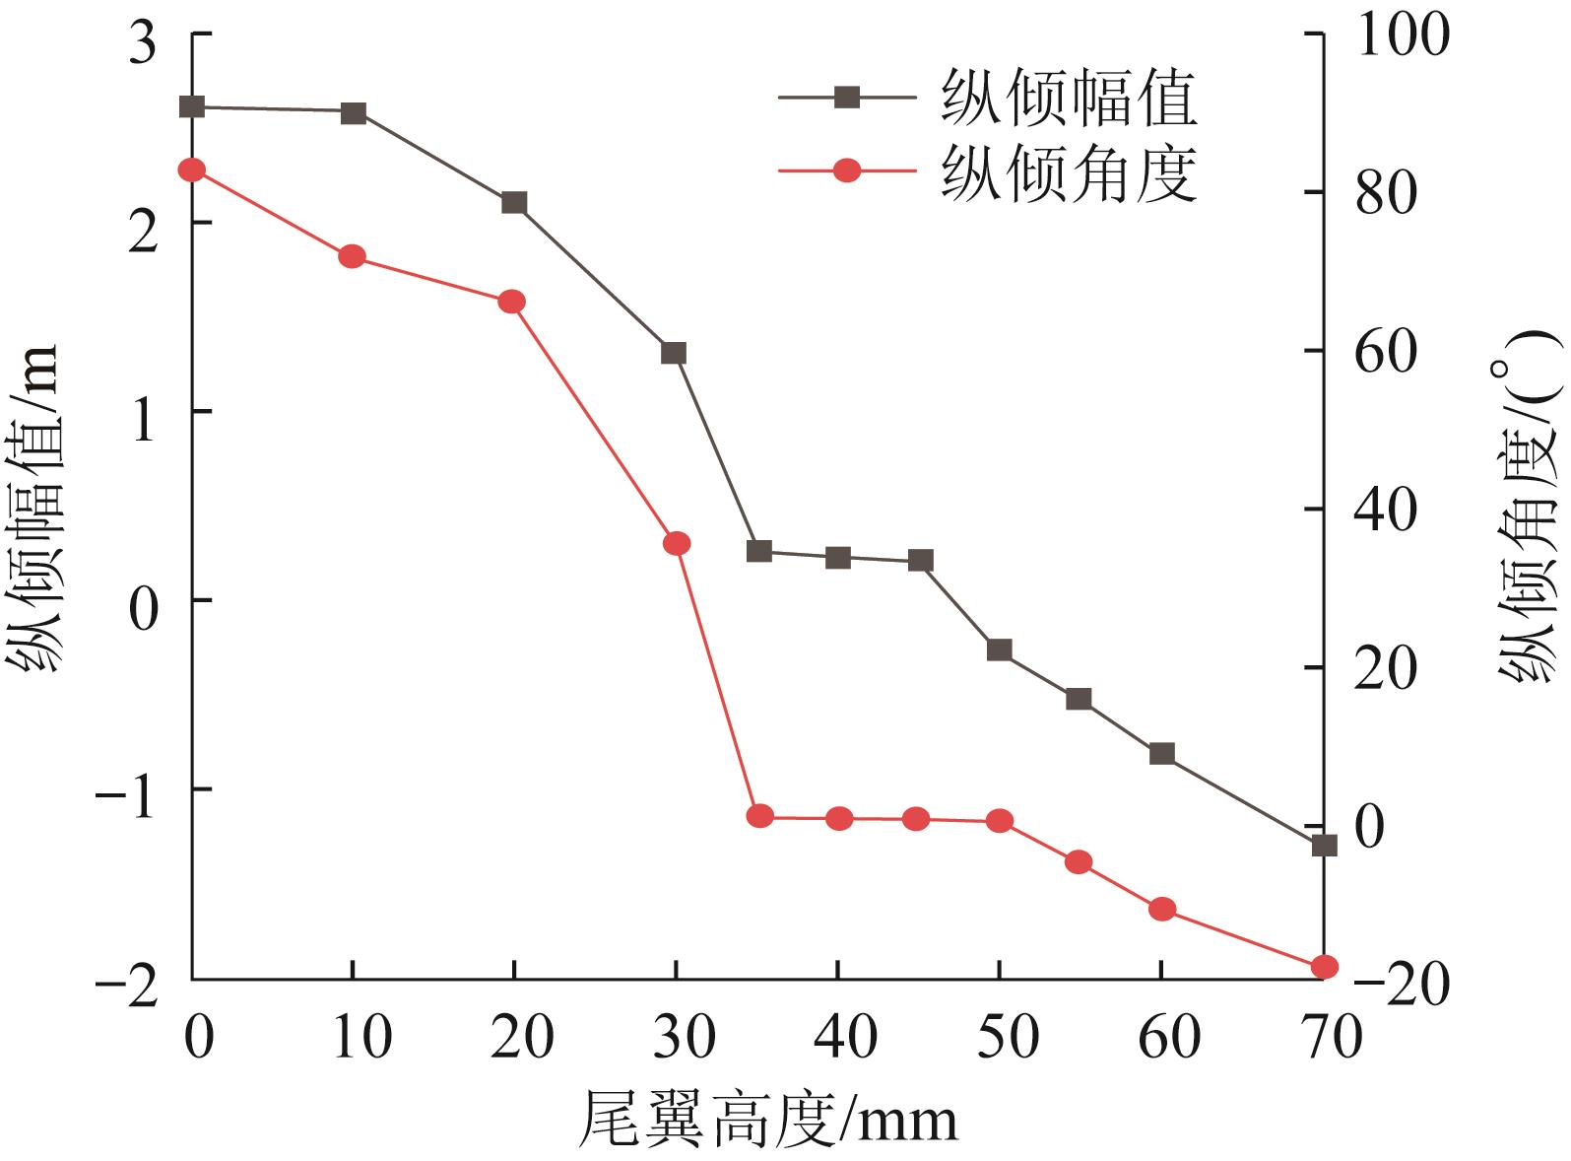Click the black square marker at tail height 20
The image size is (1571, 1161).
click(514, 203)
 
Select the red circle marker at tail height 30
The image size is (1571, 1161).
click(677, 543)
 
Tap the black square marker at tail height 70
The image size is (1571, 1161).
click(1325, 845)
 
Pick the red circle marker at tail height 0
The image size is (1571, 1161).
click(192, 171)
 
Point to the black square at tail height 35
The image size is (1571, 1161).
click(758, 551)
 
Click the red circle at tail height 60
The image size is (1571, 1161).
click(1162, 909)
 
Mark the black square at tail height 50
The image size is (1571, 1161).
click(1000, 650)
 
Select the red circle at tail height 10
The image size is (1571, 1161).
click(353, 256)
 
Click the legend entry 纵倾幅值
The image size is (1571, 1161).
click(1068, 98)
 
